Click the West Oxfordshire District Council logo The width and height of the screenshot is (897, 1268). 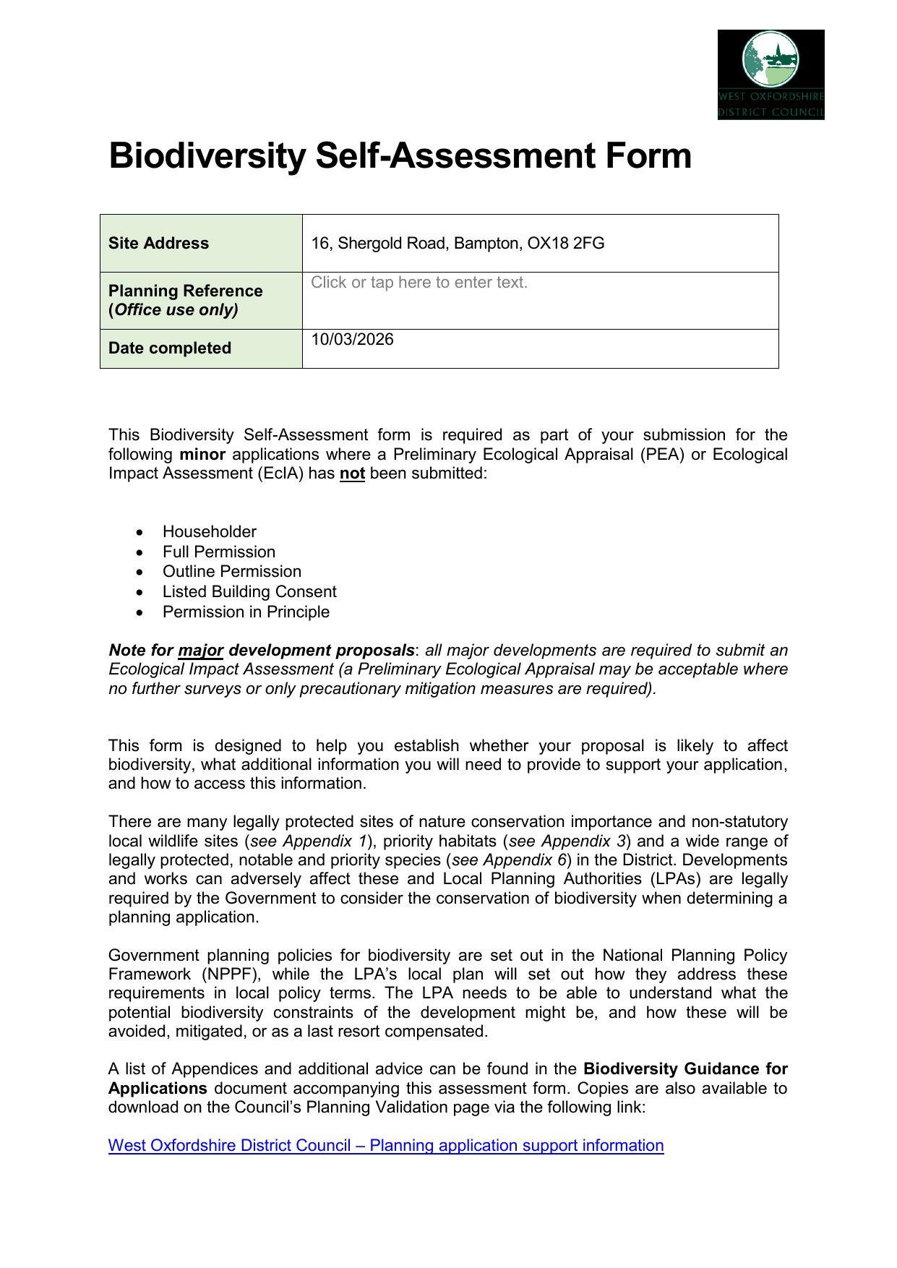771,74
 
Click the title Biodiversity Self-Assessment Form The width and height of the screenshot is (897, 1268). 400,156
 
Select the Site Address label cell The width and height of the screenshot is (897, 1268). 201,244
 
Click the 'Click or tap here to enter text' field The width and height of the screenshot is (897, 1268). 419,283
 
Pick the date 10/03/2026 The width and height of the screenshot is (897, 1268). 353,340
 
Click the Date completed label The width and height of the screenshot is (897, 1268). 170,348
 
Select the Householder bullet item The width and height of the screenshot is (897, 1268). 210,532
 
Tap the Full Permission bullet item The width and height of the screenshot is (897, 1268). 219,552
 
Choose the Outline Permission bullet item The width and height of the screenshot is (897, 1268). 232,572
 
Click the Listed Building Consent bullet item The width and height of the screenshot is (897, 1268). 249,592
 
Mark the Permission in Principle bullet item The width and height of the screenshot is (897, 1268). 246,612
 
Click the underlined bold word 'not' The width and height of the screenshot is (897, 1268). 352,474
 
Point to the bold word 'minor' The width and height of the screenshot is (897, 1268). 202,455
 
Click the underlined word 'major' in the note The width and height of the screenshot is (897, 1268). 200,651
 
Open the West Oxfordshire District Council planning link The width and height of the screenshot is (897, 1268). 386,1146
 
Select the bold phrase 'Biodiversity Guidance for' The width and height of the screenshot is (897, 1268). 685,1069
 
